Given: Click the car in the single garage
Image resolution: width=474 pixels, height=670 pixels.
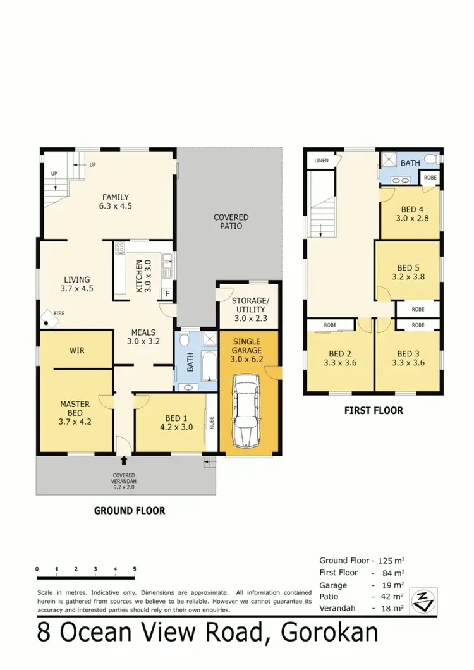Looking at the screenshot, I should pos(247,410).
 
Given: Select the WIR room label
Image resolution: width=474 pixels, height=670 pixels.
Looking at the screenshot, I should pos(76,350).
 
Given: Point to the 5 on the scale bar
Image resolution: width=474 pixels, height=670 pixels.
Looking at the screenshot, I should pos(135,569).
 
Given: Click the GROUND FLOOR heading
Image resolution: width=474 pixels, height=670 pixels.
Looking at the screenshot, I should pos(130,510).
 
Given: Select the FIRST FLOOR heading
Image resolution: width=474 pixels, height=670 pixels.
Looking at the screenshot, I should pos(374,410).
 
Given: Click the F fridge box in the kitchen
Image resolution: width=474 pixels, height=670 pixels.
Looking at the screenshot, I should pos(167,294).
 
